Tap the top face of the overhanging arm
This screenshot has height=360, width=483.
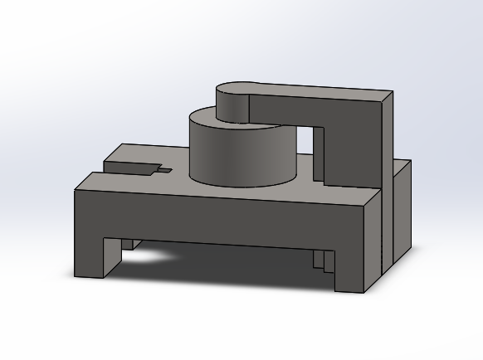click(x=315, y=90)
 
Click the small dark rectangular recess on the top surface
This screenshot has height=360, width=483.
click(x=133, y=168)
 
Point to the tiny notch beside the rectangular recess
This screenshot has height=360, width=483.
click(x=165, y=170)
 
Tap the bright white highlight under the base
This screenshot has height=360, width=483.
click(x=149, y=257)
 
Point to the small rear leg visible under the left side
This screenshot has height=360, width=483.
click(x=127, y=244)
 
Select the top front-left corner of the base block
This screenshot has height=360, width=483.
click(x=76, y=191)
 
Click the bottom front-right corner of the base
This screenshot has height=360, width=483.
click(x=364, y=293)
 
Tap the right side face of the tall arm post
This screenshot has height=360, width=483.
click(x=386, y=137)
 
